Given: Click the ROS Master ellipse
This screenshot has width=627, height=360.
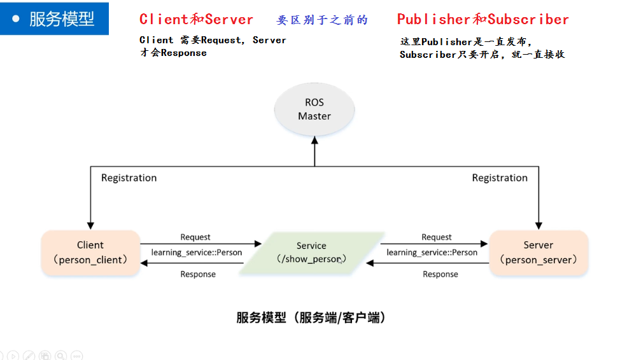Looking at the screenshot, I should (314, 109).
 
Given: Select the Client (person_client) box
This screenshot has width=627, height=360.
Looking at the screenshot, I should (90, 253).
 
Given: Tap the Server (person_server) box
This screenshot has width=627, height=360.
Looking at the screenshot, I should (539, 253).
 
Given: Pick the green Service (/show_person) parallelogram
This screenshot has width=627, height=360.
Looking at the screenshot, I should (311, 253).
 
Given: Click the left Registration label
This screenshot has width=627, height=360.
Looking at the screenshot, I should (129, 178).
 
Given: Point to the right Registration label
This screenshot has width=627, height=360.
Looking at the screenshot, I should (500, 178).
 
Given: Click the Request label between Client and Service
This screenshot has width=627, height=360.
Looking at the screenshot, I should (195, 237).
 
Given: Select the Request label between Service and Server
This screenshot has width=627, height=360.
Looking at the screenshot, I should (437, 237).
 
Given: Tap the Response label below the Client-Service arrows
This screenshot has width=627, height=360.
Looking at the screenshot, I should (198, 274).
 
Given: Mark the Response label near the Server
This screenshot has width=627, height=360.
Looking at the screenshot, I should (440, 274).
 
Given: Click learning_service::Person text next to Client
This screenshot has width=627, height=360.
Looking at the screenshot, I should (197, 253).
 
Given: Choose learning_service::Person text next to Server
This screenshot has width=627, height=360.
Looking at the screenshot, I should (432, 253).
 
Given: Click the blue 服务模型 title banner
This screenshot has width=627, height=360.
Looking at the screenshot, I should (55, 18).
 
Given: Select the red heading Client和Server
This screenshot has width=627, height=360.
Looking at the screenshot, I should (196, 19).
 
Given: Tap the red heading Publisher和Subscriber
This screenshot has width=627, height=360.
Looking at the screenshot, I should (483, 19).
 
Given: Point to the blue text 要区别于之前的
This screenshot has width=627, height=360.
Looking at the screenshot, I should (322, 20).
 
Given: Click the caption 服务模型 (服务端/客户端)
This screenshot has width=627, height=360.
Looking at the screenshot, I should (311, 317).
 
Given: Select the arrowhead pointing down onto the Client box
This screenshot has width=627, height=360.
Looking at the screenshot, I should (90, 225).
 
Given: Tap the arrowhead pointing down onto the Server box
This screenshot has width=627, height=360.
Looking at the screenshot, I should (539, 225).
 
